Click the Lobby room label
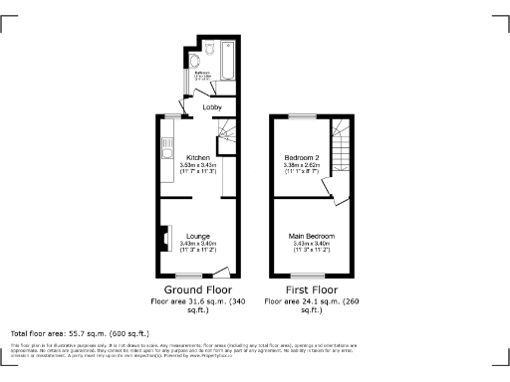pyautogui.click(x=211, y=106)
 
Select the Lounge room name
pyautogui.click(x=197, y=236)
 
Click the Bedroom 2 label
pyautogui.click(x=302, y=158)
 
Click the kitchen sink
pyautogui.click(x=160, y=155)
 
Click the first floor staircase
pyautogui.click(x=342, y=149)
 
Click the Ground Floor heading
pyautogui.click(x=197, y=289)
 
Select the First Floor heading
pyautogui.click(x=309, y=289)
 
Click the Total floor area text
pyautogui.click(x=80, y=332)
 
